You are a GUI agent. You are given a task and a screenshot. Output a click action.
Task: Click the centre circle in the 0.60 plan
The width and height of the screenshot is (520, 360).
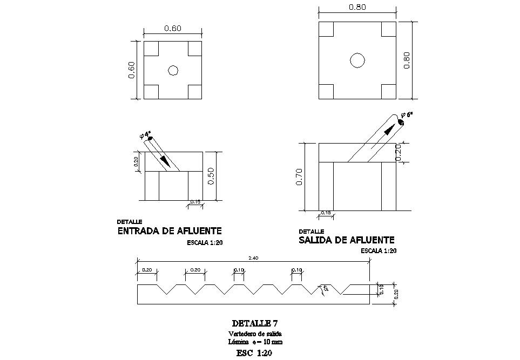tap(173, 70)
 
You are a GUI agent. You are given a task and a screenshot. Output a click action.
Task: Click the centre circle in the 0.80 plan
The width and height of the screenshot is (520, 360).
tap(357, 60)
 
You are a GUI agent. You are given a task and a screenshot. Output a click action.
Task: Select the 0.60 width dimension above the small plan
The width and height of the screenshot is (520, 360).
tap(172, 29)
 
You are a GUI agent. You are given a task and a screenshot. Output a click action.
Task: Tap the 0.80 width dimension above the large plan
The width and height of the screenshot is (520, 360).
tap(357, 8)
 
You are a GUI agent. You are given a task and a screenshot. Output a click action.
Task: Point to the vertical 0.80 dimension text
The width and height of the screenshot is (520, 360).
tap(407, 60)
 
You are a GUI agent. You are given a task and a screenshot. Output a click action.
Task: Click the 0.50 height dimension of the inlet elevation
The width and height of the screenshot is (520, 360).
tap(211, 176)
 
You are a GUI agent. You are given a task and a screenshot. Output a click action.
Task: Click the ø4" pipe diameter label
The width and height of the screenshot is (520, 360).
tap(145, 134)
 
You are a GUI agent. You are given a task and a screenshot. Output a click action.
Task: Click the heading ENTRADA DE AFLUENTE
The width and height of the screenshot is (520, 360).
tap(170, 232)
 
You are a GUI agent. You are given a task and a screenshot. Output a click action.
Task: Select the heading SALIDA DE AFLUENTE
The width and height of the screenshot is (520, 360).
tap(347, 240)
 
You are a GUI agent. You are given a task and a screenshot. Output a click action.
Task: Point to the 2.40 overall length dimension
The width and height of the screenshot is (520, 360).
tap(253, 258)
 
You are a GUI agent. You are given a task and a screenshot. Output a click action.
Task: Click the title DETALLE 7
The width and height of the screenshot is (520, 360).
tap(254, 324)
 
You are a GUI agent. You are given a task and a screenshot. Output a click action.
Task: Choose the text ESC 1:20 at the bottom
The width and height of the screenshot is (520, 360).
tap(254, 354)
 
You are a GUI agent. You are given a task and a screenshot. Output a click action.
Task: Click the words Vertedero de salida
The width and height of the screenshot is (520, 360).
tap(254, 334)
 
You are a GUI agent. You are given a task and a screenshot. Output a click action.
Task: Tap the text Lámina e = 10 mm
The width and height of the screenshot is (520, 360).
tap(254, 342)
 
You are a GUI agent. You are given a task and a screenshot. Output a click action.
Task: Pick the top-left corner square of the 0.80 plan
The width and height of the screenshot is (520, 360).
tap(327, 29)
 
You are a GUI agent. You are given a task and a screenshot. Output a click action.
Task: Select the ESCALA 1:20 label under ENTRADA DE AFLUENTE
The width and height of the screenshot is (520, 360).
tap(204, 243)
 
